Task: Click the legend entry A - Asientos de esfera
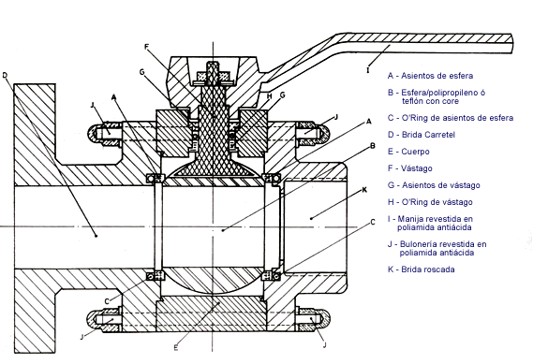(x=430, y=76)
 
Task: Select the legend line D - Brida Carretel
(x=422, y=135)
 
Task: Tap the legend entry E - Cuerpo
(x=408, y=152)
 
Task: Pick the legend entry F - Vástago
(x=410, y=168)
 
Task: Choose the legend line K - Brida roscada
(x=422, y=269)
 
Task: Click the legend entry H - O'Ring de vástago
(x=430, y=202)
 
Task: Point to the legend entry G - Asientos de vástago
(x=434, y=185)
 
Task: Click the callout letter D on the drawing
(x=5, y=75)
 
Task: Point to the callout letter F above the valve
(x=146, y=47)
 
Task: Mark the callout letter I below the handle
(x=367, y=70)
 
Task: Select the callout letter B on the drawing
(x=373, y=146)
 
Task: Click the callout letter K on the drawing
(x=364, y=190)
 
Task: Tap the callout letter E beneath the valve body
(x=176, y=347)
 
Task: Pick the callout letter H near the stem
(x=270, y=96)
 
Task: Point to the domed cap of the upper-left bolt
(x=93, y=132)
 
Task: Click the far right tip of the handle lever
(x=512, y=43)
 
